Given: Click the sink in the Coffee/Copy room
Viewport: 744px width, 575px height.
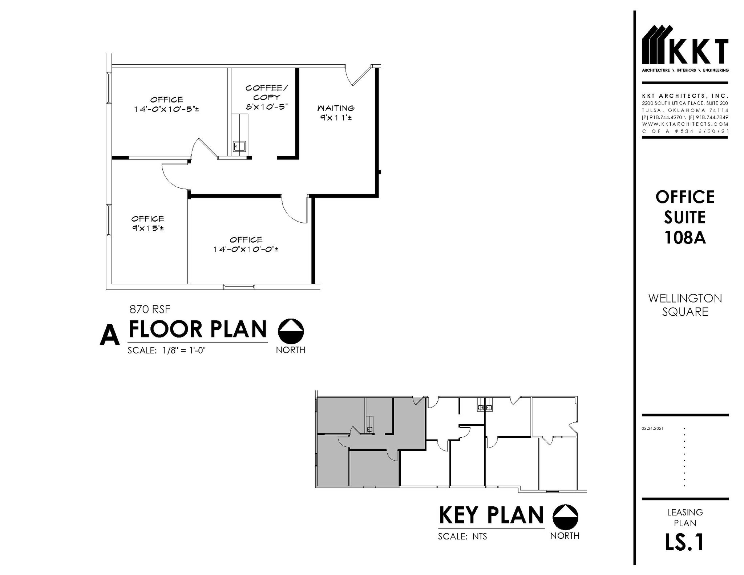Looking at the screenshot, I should click(x=239, y=146).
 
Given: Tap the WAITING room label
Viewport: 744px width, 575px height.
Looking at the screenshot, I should click(x=336, y=108).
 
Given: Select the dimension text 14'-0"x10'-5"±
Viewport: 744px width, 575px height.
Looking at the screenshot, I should click(x=166, y=109).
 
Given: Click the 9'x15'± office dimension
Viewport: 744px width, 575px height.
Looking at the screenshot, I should click(x=147, y=228).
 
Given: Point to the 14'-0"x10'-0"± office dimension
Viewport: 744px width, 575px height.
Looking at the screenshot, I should click(x=246, y=250).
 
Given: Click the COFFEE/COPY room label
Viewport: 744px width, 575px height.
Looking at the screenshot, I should click(x=267, y=92).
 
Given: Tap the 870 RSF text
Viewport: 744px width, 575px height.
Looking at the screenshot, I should click(x=150, y=309).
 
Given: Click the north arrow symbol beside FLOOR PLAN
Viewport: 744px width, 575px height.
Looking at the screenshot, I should click(x=291, y=331).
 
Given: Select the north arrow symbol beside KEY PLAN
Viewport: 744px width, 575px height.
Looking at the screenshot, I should click(x=565, y=517).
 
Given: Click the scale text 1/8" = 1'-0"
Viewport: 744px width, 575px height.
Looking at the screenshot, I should click(x=184, y=351).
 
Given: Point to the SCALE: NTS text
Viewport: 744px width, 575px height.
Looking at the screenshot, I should click(x=462, y=536).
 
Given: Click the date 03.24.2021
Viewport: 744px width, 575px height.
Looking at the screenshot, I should click(x=652, y=429).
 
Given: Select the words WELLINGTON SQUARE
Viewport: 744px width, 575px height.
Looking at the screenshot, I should click(x=685, y=305).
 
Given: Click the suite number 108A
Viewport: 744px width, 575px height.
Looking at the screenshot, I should click(x=685, y=238).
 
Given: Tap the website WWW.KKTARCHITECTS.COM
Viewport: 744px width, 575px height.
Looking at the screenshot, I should click(x=685, y=124).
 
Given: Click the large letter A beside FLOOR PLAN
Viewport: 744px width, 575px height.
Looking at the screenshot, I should click(x=109, y=335).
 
